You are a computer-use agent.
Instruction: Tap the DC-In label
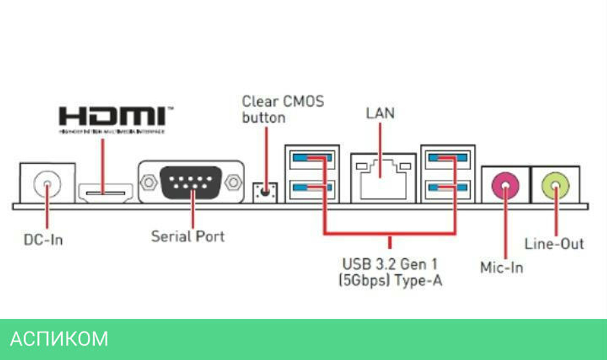[x=43, y=240]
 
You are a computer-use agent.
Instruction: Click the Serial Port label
[x=188, y=236]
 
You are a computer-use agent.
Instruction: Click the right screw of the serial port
[x=232, y=182]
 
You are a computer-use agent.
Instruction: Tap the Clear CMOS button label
[x=283, y=109]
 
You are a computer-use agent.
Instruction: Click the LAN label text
[x=380, y=114]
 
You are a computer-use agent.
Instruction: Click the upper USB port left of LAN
[x=311, y=159]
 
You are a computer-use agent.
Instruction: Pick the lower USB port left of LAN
[x=311, y=188]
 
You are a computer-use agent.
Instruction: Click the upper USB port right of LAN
[x=448, y=159]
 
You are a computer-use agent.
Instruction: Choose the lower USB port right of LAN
[x=448, y=188]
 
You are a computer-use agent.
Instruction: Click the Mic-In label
[x=501, y=267]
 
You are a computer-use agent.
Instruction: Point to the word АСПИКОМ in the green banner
[x=59, y=339]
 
